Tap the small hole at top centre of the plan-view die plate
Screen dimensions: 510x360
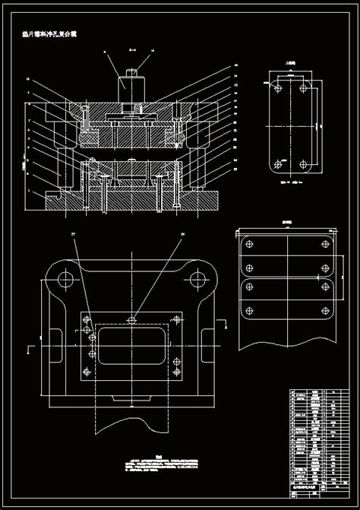point(132,319)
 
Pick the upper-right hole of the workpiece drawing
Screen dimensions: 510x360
point(305,89)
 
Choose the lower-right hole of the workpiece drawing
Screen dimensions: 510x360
point(305,163)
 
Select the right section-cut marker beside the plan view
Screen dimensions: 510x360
point(225,327)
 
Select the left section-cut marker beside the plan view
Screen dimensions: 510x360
point(29,349)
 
